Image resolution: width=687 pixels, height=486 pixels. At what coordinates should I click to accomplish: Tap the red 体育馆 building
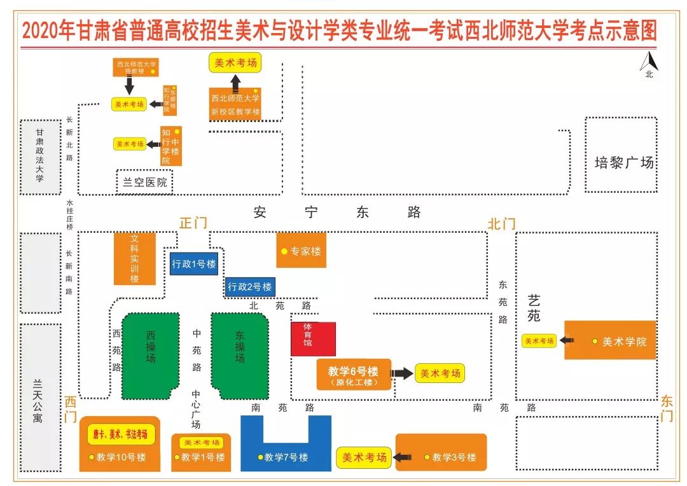coord(313,339)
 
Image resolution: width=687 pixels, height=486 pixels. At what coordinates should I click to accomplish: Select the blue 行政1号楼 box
coord(194,264)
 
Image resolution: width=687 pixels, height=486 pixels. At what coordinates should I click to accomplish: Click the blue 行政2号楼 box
coord(250,287)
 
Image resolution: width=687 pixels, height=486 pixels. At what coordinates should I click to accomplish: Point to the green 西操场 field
coord(151,355)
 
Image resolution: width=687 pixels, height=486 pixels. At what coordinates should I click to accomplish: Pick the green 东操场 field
coord(240,355)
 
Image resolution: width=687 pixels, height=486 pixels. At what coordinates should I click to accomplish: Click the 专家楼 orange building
coord(301,251)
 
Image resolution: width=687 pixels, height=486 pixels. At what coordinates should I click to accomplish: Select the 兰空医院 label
coord(145,182)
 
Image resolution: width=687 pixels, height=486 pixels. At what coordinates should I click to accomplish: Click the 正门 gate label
coord(193,223)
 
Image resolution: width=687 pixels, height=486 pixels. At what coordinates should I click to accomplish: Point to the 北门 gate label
coord(501,223)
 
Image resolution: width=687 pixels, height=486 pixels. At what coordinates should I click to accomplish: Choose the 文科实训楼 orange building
coord(134,260)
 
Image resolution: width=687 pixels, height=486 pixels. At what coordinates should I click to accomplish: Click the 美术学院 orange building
coord(609,341)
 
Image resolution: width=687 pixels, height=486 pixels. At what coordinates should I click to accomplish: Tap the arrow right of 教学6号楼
coord(401,373)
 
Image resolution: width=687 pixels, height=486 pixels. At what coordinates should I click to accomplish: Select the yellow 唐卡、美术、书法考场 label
coord(121,434)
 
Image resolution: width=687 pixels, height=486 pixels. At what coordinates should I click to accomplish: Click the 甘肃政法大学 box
coord(40,156)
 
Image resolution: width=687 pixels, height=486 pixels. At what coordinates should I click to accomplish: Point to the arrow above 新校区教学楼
coord(235,81)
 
